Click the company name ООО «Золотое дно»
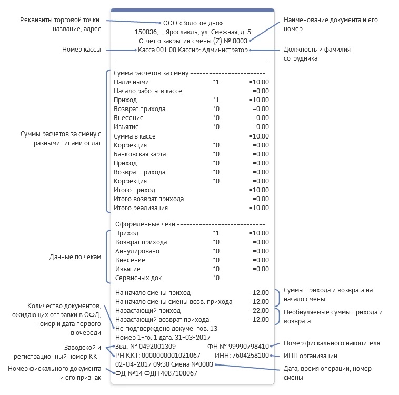coord(193,23)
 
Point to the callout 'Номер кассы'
coord(82,50)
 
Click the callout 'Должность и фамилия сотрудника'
coord(316,54)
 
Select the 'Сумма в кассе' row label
coord(134,136)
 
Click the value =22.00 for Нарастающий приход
coord(259,311)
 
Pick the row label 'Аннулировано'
coord(135,251)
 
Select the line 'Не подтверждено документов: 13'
coord(166,328)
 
